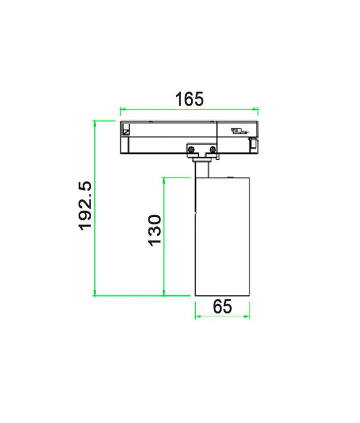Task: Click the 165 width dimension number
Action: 190,99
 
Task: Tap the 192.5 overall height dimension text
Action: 85,205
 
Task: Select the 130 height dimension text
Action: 154,229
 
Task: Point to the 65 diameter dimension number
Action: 222,306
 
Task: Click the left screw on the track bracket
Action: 191,150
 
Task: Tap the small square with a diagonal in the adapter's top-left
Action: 125,131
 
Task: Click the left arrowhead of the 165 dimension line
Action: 122,109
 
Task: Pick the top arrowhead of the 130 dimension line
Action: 164,179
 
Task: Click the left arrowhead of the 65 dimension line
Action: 197,317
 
